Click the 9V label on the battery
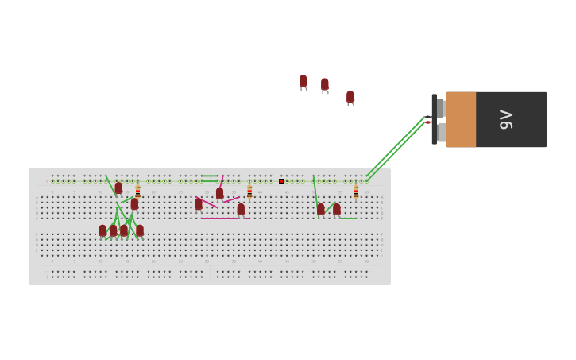(506, 119)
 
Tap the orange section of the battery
(461, 119)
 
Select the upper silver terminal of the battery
(440, 108)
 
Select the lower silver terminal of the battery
(441, 132)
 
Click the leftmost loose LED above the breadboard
(303, 81)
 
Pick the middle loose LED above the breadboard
(324, 84)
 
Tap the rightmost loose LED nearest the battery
(350, 97)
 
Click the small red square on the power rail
(281, 181)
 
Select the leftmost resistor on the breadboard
(137, 192)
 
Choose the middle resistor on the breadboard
(249, 192)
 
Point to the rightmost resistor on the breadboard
(356, 192)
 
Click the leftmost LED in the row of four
(102, 230)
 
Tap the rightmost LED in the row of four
(140, 230)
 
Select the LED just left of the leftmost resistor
(118, 188)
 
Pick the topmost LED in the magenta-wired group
(219, 193)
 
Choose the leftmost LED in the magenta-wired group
(199, 204)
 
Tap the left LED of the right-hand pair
(321, 210)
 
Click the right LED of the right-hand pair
(337, 210)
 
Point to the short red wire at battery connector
(428, 122)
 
